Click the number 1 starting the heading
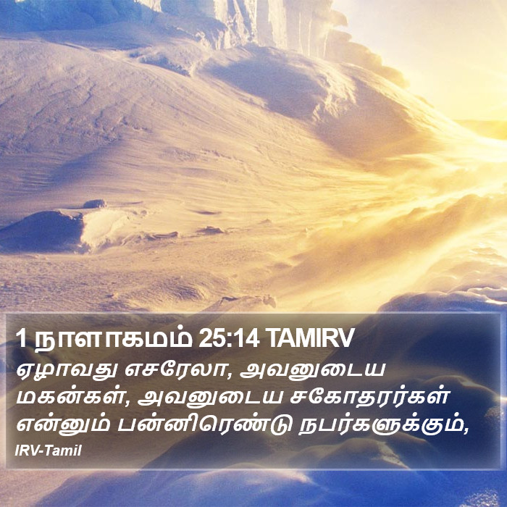[21, 338]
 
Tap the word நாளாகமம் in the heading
[114, 338]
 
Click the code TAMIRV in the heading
[311, 338]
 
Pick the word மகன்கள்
[68, 396]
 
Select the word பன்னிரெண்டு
[204, 424]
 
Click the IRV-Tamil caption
[49, 451]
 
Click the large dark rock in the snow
[42, 230]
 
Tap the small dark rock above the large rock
[94, 204]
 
